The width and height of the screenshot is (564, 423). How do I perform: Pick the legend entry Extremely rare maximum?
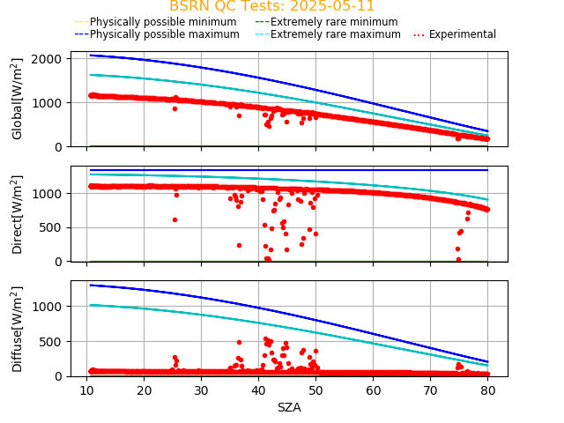[335, 34]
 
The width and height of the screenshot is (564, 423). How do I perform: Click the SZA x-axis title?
[289, 407]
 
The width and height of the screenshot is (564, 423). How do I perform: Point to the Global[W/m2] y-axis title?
[18, 99]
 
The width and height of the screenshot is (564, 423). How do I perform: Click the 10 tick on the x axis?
[86, 390]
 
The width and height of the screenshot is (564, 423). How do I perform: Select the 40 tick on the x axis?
[258, 390]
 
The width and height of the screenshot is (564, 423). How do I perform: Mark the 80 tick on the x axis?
[488, 390]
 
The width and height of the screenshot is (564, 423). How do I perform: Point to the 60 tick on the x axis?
[374, 390]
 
